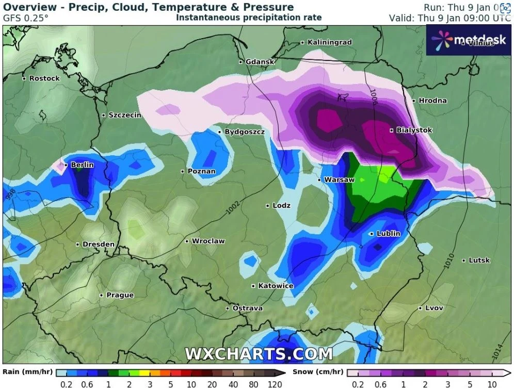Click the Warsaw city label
(339, 180)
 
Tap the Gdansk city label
(260, 62)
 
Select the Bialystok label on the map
(414, 131)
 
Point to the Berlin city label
(82, 165)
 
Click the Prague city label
(120, 295)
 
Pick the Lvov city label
(434, 308)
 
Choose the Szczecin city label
(124, 115)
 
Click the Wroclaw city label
(208, 241)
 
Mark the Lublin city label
(388, 234)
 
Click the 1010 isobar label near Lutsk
(448, 260)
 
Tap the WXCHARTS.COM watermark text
(259, 354)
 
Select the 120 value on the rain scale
(275, 384)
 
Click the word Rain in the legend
(11, 371)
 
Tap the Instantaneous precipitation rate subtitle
(249, 18)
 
